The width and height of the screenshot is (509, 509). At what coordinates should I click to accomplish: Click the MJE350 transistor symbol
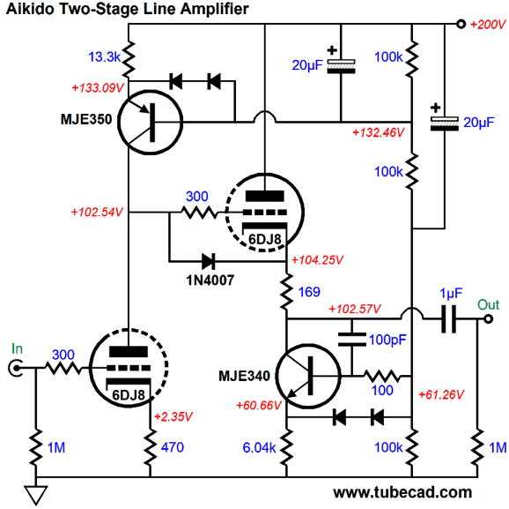150,122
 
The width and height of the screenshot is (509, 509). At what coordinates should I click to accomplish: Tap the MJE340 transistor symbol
308,376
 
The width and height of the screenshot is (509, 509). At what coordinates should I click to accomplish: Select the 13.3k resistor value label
104,57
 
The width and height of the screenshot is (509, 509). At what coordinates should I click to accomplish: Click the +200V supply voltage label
488,25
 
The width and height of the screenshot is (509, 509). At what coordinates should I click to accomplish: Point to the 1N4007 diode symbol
209,261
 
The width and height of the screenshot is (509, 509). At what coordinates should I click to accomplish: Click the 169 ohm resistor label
309,292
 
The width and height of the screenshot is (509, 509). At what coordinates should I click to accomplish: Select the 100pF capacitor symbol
352,339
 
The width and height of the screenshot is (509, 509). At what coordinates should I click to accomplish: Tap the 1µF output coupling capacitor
449,318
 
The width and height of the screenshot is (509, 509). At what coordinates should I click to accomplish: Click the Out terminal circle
488,319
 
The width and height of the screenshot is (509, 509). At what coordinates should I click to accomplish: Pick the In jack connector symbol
15,368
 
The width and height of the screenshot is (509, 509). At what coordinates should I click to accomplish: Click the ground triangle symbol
36,495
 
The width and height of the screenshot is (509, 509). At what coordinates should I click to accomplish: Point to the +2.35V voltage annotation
173,416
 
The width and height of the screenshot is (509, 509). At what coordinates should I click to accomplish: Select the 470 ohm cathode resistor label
173,447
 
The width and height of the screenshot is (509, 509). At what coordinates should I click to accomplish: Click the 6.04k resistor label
259,448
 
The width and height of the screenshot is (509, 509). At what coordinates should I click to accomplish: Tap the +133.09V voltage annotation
98,88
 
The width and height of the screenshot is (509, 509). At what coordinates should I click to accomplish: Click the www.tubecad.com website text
402,492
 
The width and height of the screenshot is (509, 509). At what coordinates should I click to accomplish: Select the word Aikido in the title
30,9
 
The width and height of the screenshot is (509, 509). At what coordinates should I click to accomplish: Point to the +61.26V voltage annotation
441,394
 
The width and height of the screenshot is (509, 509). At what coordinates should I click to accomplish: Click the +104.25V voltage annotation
317,260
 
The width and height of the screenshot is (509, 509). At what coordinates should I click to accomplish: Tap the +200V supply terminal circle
461,24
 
